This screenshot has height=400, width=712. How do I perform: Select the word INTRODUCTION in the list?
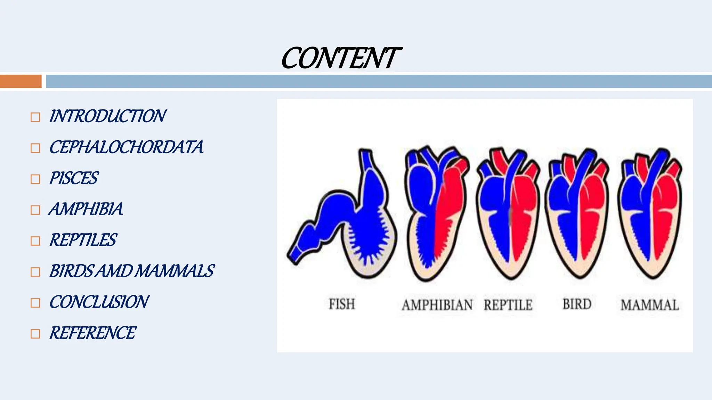coord(107,116)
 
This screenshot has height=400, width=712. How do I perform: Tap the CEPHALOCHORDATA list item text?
coord(126,147)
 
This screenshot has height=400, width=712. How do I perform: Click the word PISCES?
coord(74,178)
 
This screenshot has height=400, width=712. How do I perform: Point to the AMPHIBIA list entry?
coord(86,209)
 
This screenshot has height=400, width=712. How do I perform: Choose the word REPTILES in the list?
coord(83,240)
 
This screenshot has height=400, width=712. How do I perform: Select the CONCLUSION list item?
coord(99,302)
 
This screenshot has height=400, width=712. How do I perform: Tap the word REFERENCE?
coord(92,333)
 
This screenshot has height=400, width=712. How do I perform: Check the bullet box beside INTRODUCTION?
coord(35,117)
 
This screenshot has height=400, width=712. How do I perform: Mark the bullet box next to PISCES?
coord(35,179)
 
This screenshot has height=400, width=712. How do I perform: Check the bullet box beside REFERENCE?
coord(35,334)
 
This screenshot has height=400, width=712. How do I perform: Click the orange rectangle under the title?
coord(21,81)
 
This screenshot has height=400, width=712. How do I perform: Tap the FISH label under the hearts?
coord(342,304)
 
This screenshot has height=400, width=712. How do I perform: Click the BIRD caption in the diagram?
coord(577,304)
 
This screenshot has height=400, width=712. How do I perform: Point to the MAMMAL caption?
coord(650,305)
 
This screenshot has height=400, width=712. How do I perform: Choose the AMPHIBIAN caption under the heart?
coord(437,305)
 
